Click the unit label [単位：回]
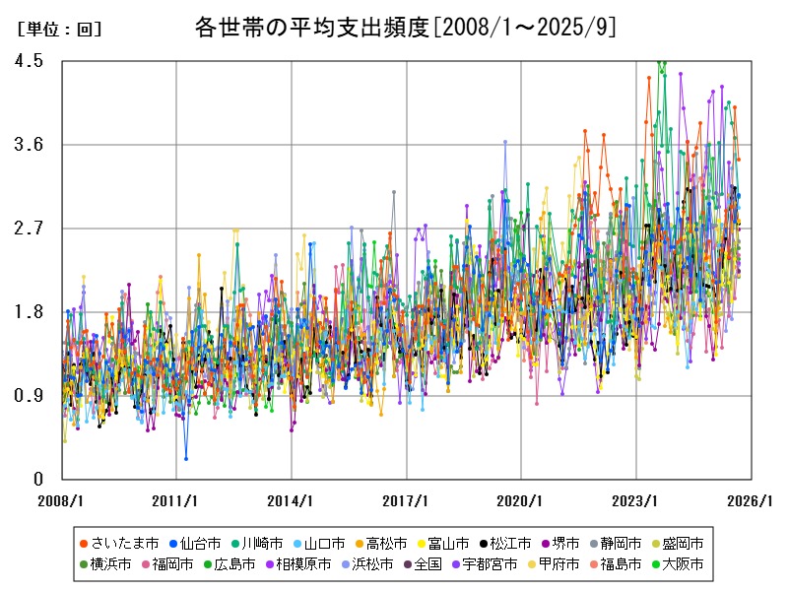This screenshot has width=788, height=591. [59, 30]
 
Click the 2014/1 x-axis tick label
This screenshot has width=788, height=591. [292, 500]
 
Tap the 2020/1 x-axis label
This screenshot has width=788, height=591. [521, 500]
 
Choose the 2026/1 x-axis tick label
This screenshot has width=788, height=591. [751, 500]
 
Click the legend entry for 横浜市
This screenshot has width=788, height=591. [111, 564]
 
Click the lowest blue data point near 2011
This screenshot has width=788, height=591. [185, 458]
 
